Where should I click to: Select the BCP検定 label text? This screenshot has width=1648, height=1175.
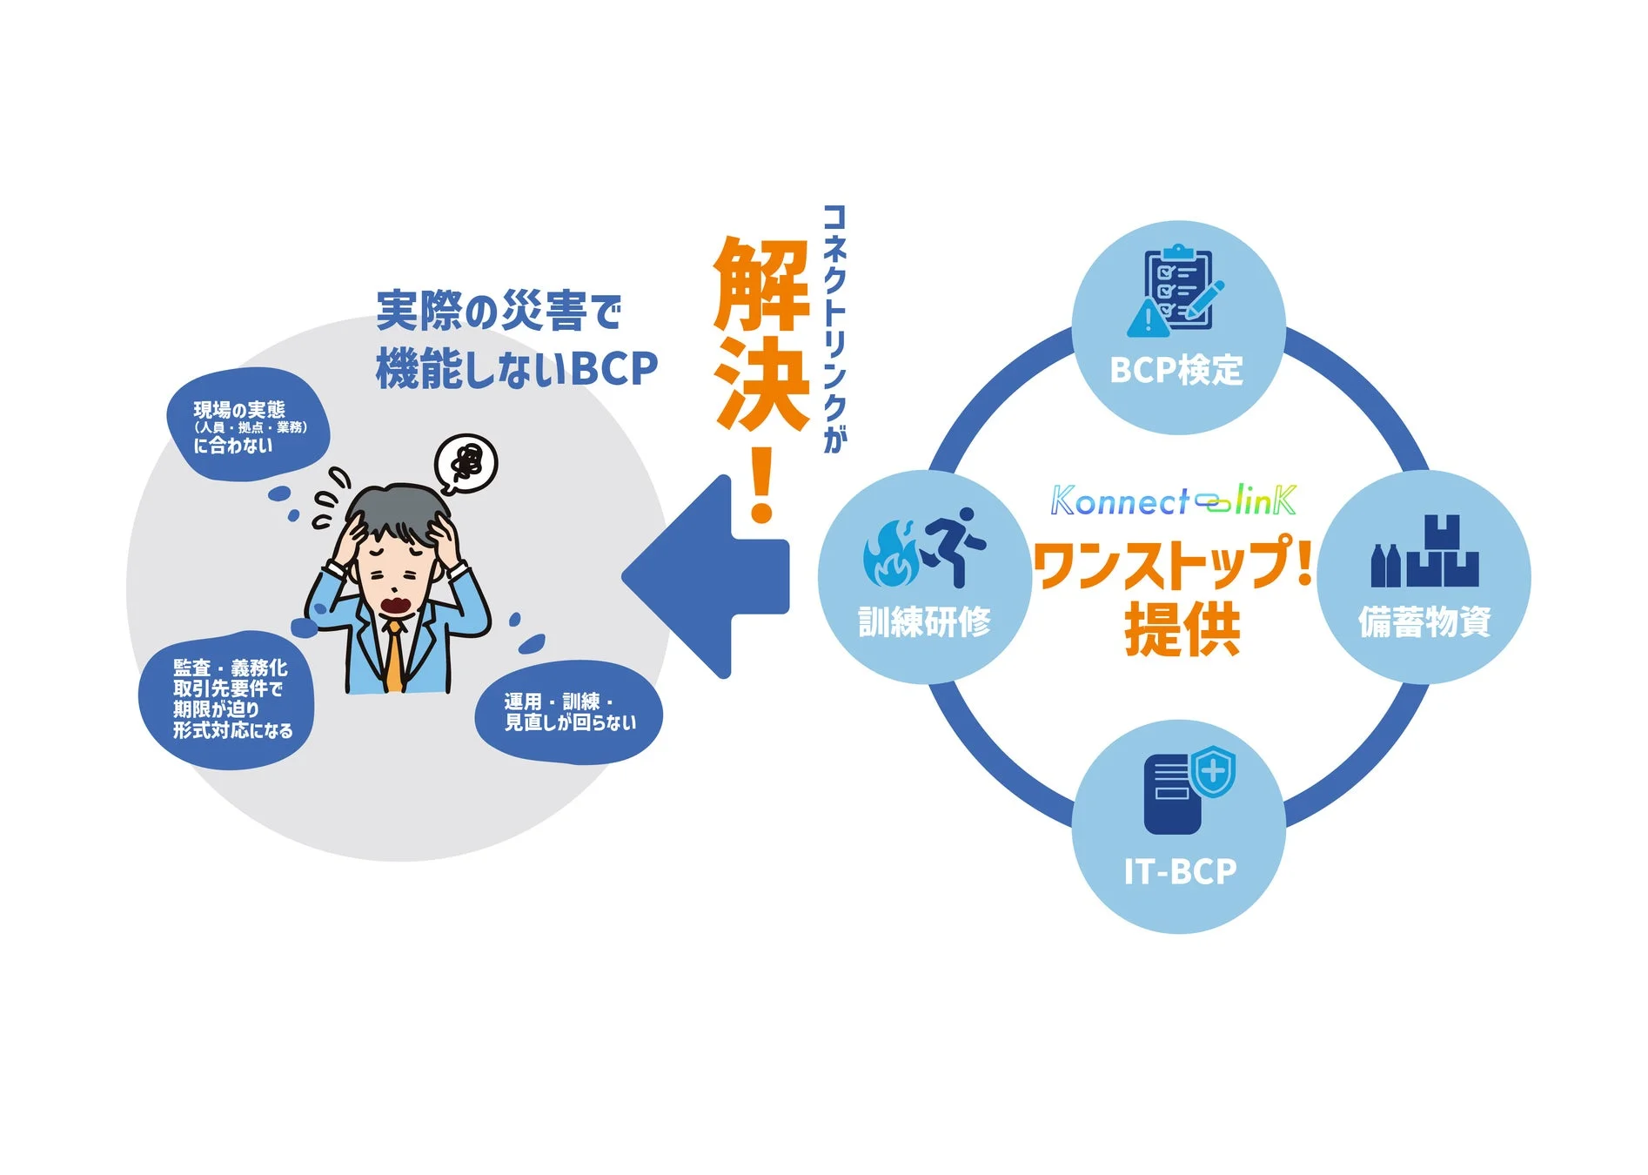[x=1176, y=370]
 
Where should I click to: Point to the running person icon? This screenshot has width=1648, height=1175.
[x=955, y=547]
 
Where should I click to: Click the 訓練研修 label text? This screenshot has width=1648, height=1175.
[x=924, y=621]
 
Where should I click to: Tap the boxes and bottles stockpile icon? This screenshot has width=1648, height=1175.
[x=1424, y=552]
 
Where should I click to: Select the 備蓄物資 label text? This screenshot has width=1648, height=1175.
[x=1424, y=621]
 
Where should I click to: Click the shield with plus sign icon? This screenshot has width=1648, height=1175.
[x=1212, y=770]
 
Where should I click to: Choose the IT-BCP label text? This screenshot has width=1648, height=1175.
[x=1179, y=871]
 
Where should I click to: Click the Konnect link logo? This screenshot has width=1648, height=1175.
[x=1173, y=500]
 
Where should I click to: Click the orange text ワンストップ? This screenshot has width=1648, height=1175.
[x=1173, y=563]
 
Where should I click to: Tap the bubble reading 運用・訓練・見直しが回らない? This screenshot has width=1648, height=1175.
[x=569, y=712]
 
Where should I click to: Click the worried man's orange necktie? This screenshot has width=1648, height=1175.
[x=396, y=657]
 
